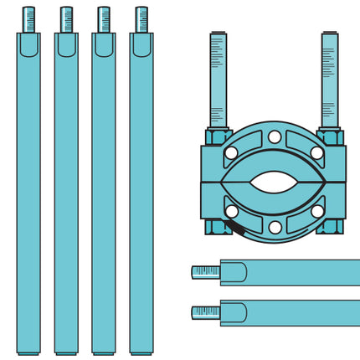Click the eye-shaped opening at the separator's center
274,183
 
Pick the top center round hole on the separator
274,137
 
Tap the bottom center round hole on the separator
274,227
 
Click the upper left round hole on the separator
231,153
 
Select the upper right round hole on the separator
317,153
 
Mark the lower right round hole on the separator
317,211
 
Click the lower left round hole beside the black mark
231,211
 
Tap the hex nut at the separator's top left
217,136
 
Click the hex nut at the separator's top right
330,136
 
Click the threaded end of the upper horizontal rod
205,272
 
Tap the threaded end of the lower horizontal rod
205,312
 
